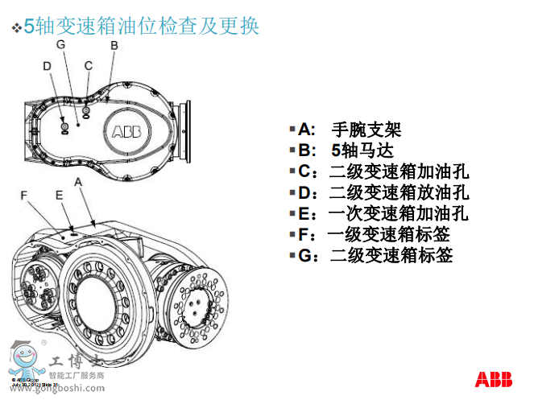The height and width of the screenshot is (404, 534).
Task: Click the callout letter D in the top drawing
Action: tap(48, 66)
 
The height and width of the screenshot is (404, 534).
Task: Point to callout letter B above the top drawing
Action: tap(114, 47)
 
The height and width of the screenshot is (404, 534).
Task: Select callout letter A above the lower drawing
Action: tap(78, 183)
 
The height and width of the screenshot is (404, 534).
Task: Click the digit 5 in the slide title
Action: tap(30, 27)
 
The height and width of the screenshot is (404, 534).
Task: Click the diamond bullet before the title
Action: tap(15, 28)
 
